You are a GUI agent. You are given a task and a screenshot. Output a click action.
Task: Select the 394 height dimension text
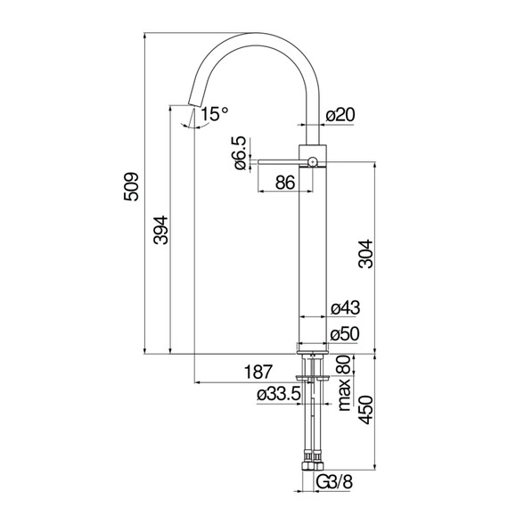pyautogui.click(x=161, y=234)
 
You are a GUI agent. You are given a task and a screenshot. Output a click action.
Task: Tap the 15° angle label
pyautogui.click(x=214, y=113)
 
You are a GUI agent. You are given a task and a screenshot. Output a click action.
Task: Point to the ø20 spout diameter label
pyautogui.click(x=340, y=115)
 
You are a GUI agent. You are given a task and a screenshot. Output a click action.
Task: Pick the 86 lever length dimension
pyautogui.click(x=284, y=183)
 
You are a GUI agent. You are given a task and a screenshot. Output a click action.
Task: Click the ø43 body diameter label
pyautogui.click(x=344, y=307)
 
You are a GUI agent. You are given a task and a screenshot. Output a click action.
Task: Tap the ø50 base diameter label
pyautogui.click(x=344, y=335)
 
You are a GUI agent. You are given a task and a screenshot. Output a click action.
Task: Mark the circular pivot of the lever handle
pyautogui.click(x=313, y=161)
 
